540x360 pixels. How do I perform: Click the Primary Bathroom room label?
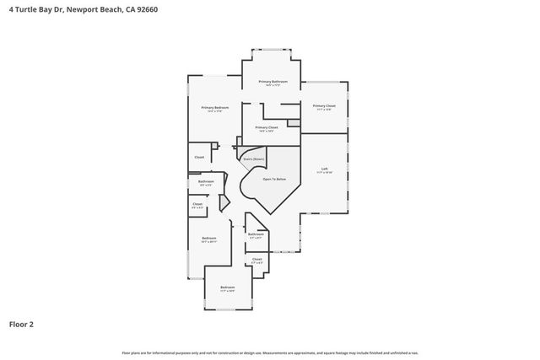273,81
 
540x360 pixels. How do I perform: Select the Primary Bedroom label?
214,107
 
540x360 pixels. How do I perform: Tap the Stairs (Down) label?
253,158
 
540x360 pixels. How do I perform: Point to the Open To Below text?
274,179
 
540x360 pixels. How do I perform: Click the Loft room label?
324,168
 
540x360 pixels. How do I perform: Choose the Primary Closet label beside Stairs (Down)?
267,127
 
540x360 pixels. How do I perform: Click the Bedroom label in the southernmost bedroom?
228,287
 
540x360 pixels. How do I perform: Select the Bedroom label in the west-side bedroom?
209,238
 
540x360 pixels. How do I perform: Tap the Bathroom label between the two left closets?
206,181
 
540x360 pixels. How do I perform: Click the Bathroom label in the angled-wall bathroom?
256,234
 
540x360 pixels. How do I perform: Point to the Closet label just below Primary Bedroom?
199,157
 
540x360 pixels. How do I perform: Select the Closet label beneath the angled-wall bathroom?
256,259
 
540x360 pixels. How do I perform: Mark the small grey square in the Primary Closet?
293,123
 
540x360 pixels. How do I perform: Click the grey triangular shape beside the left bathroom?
224,202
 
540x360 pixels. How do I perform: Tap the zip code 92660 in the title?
144,8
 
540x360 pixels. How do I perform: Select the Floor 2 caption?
21,323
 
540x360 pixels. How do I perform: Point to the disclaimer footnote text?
269,352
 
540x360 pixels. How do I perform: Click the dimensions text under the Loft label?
324,172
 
